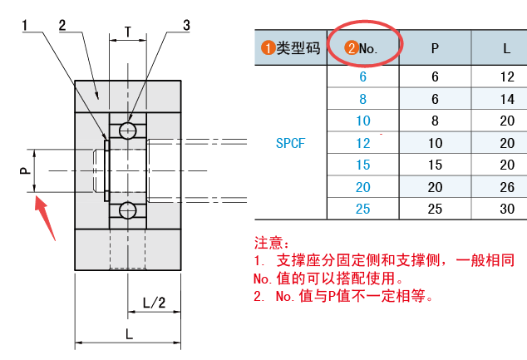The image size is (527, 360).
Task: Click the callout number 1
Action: pyautogui.click(x=27, y=25)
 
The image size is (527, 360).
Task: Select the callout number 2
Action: pyautogui.click(x=62, y=25)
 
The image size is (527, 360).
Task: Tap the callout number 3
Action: pyautogui.click(x=186, y=25)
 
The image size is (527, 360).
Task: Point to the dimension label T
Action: pyautogui.click(x=127, y=32)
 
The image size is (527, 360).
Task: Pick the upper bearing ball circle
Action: pyautogui.click(x=128, y=131)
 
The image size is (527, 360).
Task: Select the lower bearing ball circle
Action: pyautogui.click(x=128, y=209)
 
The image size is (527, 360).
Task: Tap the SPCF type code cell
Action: pyautogui.click(x=290, y=143)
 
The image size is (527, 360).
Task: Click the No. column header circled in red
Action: pyautogui.click(x=363, y=48)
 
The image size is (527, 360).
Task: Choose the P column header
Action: pyautogui.click(x=435, y=48)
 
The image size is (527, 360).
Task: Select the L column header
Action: pyautogui.click(x=506, y=48)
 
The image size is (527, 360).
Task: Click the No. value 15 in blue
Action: pyautogui.click(x=363, y=165)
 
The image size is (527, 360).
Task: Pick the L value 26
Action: pyautogui.click(x=506, y=187)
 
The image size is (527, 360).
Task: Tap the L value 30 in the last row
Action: pyautogui.click(x=506, y=209)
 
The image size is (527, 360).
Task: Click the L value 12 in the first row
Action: pyautogui.click(x=506, y=76)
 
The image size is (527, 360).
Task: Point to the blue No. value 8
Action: pyautogui.click(x=363, y=99)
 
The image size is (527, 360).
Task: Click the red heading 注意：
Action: pyautogui.click(x=273, y=244)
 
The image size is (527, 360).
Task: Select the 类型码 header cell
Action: pyautogui.click(x=290, y=48)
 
